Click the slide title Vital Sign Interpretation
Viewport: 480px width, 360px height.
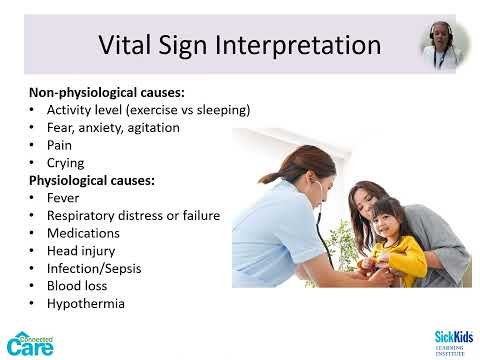click(x=240, y=46)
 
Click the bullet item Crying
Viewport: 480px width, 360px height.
click(x=65, y=162)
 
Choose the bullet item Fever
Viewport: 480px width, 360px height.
click(x=63, y=198)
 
